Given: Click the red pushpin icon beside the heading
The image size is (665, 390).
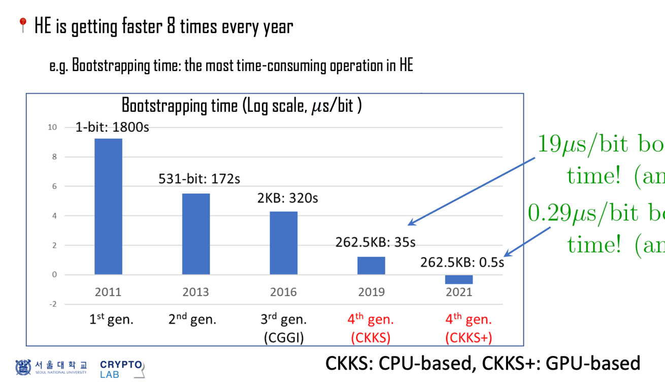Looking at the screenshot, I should tap(22, 25).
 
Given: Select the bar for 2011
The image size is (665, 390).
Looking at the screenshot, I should tap(108, 206).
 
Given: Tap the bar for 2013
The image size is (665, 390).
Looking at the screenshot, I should tap(195, 234).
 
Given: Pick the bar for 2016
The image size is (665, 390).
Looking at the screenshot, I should tap(283, 243).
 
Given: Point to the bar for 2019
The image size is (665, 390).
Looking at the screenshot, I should tap(371, 266).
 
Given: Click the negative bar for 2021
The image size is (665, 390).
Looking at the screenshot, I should tap(458, 279).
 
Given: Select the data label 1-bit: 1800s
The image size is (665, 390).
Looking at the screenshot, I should tap(112, 127).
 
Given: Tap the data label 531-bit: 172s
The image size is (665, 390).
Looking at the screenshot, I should tap(199, 179).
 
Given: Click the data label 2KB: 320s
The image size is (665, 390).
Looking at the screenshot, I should tap(287, 198).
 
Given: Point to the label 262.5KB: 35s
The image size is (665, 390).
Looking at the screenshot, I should tap(375, 243).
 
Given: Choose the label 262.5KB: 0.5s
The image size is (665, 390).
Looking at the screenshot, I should tap(462, 262).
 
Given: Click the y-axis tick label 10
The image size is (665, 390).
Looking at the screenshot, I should tap(52, 127).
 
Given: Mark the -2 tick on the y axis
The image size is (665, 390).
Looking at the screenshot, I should tap(52, 304).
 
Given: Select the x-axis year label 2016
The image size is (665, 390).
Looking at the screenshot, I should tap(283, 292).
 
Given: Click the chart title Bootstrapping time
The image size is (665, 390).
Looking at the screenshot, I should tap(242, 106).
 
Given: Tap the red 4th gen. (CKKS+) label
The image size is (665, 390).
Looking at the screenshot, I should tap(468, 329).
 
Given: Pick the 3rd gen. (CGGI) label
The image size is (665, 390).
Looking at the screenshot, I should tap(284, 329).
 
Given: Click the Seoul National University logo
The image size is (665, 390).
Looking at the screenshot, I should tap(51, 367).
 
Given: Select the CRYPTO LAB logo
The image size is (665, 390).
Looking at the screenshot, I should tap(122, 369).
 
